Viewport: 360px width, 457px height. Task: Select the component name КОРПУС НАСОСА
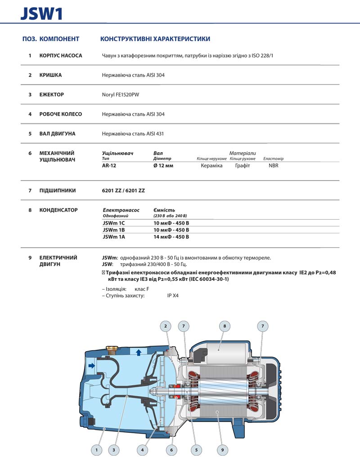click(61, 56)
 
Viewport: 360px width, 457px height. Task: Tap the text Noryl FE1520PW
click(121, 95)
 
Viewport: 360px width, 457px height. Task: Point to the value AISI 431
click(155, 134)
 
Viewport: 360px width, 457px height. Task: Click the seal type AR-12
click(109, 166)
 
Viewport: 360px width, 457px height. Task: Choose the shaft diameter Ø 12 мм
click(163, 166)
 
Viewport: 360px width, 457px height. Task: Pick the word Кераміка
click(211, 166)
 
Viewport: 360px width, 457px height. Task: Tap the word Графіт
click(242, 166)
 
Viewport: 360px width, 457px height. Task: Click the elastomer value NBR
click(273, 166)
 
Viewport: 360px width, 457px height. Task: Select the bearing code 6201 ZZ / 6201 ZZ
click(124, 191)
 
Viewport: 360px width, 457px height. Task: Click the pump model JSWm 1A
click(114, 237)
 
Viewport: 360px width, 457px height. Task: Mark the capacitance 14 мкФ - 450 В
click(171, 237)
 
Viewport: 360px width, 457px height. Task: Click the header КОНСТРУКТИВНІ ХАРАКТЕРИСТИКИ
click(155, 39)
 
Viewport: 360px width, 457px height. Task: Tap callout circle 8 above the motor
click(224, 326)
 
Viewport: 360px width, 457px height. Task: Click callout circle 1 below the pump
click(96, 449)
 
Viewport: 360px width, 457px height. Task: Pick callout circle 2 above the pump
click(166, 326)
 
